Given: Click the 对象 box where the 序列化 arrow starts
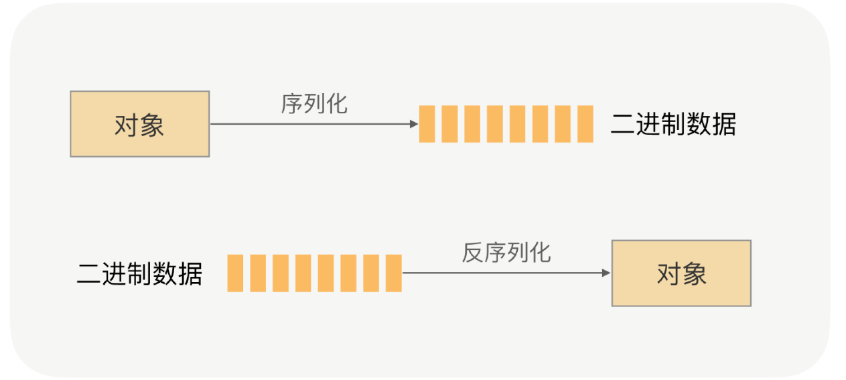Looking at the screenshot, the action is [139, 124].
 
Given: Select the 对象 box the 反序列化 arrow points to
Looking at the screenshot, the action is [681, 273].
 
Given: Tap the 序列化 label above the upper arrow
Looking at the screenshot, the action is [314, 104].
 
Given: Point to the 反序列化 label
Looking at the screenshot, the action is [506, 253].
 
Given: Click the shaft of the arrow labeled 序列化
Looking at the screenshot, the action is [308, 124].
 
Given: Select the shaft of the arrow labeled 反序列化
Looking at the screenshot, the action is [502, 273].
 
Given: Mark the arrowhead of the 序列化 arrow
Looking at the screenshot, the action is [414, 124].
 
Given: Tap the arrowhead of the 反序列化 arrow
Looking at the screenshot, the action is [606, 273].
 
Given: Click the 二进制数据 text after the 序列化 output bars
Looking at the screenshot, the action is [673, 125].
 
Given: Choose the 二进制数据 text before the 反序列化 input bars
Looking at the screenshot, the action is [139, 273].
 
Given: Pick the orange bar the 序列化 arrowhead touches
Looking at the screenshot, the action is [427, 124].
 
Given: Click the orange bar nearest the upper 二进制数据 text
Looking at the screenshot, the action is [585, 124].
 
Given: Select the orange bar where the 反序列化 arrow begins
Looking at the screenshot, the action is [394, 273].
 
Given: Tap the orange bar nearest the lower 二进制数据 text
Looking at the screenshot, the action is [235, 273].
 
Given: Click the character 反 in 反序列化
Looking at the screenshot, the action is [472, 253].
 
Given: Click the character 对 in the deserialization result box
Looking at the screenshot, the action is [668, 273].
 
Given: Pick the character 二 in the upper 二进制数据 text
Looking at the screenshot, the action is [622, 125].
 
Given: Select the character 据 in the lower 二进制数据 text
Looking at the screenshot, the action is [190, 273].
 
